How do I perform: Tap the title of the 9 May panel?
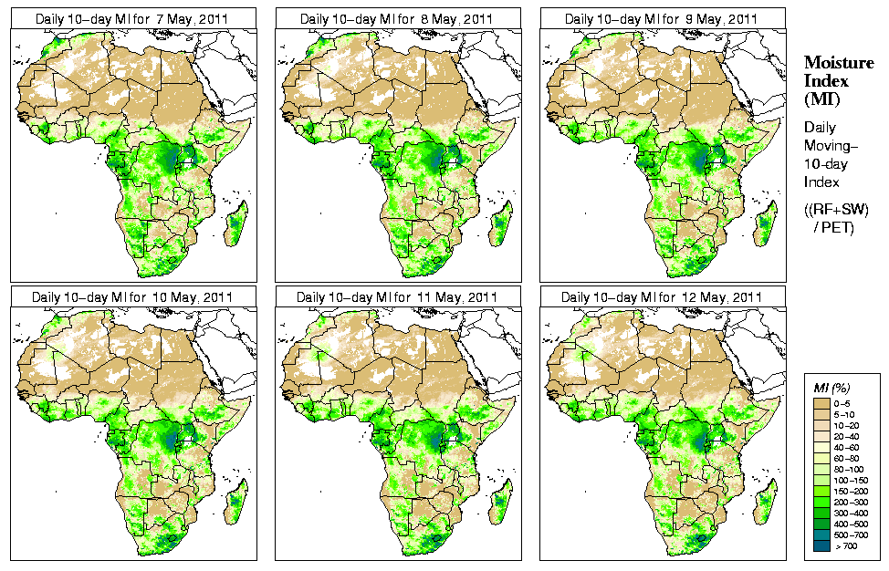click(x=662, y=19)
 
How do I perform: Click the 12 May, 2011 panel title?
click(x=662, y=297)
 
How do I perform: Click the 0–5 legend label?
click(x=846, y=402)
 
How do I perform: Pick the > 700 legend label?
click(x=846, y=546)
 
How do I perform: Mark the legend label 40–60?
click(x=848, y=447)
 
